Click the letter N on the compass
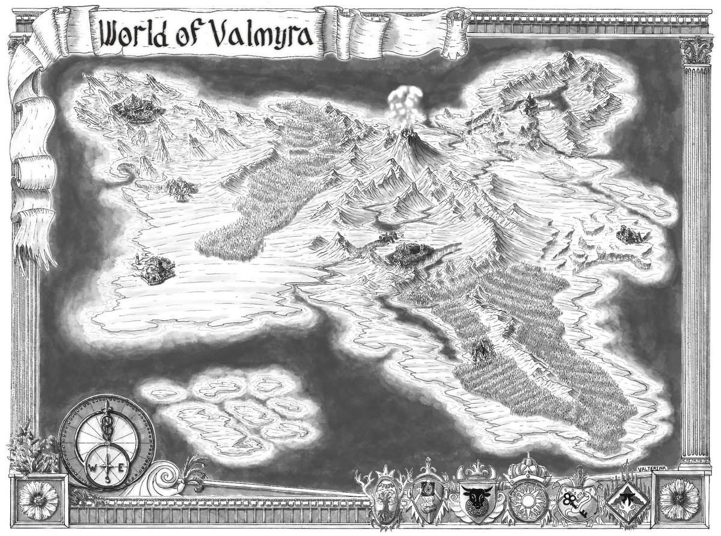tap(106, 406)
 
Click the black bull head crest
tap(475, 498)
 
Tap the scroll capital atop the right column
tap(696, 51)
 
